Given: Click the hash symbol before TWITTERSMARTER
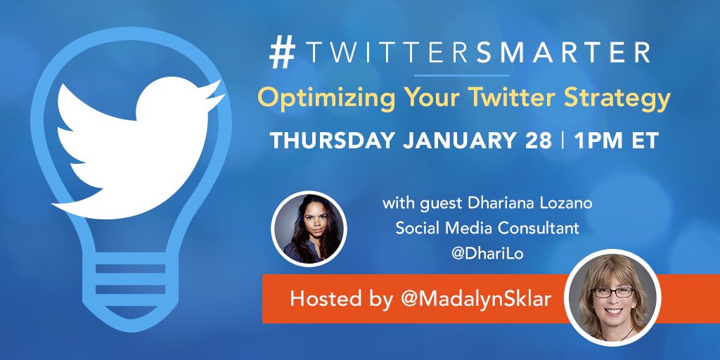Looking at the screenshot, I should (x=282, y=54).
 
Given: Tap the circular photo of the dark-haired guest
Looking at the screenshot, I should (x=309, y=228).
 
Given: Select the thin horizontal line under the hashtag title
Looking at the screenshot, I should (x=461, y=75).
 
